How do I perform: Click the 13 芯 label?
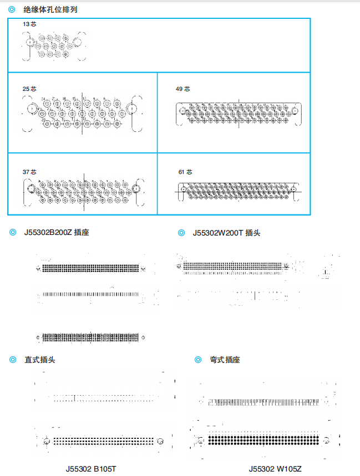(29, 24)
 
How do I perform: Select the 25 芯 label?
(29, 89)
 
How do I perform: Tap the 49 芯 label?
(182, 89)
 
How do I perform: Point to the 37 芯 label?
(29, 172)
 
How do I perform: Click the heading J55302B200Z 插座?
(56, 233)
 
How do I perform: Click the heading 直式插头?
(39, 360)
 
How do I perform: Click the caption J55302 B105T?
(92, 469)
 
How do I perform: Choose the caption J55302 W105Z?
(275, 469)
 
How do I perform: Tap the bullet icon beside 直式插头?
(12, 360)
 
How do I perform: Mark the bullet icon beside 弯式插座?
(198, 360)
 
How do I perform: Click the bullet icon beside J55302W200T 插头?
(181, 233)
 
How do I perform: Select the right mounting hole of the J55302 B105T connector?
(160, 442)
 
